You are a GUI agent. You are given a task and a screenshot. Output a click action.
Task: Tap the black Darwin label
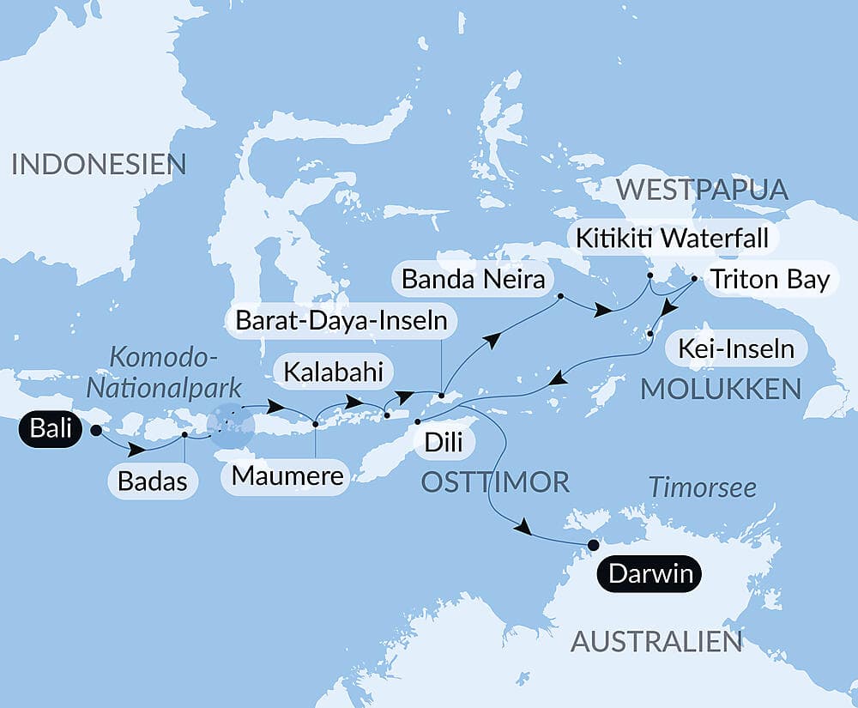650,573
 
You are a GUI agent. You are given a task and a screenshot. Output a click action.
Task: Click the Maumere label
287,475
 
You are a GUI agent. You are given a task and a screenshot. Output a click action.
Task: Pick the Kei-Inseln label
735,349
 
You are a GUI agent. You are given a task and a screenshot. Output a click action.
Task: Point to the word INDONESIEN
99,164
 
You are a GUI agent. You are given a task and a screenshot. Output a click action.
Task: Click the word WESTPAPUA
703,189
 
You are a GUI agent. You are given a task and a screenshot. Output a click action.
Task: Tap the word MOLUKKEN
721,389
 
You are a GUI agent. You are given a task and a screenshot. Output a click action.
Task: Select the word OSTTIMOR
495,481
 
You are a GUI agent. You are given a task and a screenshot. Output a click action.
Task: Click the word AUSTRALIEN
656,640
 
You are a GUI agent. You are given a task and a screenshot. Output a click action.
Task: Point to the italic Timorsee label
703,487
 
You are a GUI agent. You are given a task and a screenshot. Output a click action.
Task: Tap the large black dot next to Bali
95,430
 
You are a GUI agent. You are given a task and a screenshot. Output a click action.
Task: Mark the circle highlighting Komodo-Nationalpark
231,425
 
